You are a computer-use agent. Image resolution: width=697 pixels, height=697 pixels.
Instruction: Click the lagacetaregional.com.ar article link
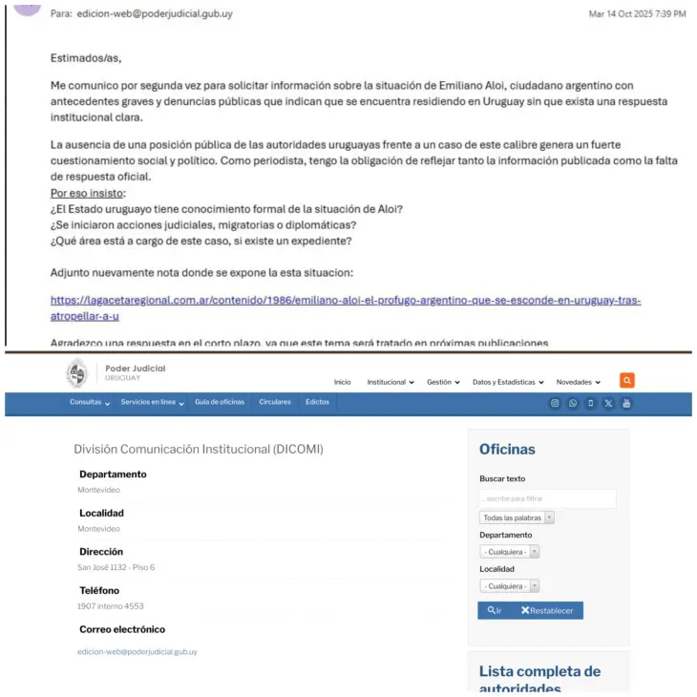(x=345, y=301)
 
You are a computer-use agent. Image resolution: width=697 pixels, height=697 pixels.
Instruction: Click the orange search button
(x=626, y=380)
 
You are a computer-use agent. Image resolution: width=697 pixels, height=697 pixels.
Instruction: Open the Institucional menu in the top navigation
(x=390, y=382)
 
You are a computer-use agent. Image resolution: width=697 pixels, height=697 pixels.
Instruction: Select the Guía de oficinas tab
(x=220, y=402)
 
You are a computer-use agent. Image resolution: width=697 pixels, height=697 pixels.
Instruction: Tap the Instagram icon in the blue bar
(x=555, y=403)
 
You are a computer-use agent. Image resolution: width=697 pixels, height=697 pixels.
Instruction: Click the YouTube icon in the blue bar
(x=626, y=403)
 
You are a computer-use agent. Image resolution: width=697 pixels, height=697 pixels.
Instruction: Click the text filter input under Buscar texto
(x=547, y=498)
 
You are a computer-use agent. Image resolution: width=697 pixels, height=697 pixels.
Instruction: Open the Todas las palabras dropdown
(x=517, y=517)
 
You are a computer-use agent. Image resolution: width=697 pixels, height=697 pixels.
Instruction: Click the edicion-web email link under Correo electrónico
(x=137, y=651)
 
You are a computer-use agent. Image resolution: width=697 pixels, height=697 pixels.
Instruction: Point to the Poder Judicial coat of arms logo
(x=76, y=373)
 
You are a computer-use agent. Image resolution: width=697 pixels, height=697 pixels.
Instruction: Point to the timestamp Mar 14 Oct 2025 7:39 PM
(x=637, y=14)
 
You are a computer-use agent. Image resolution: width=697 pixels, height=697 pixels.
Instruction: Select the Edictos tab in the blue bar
(x=317, y=402)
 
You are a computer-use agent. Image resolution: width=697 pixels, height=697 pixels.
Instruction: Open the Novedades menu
(x=578, y=382)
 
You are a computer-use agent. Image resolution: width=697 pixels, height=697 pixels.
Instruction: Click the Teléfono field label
(x=100, y=590)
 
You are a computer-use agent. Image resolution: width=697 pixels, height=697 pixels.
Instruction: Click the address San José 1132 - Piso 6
(x=116, y=567)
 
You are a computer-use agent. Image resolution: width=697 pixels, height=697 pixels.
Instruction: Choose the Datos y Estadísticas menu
(x=507, y=382)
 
